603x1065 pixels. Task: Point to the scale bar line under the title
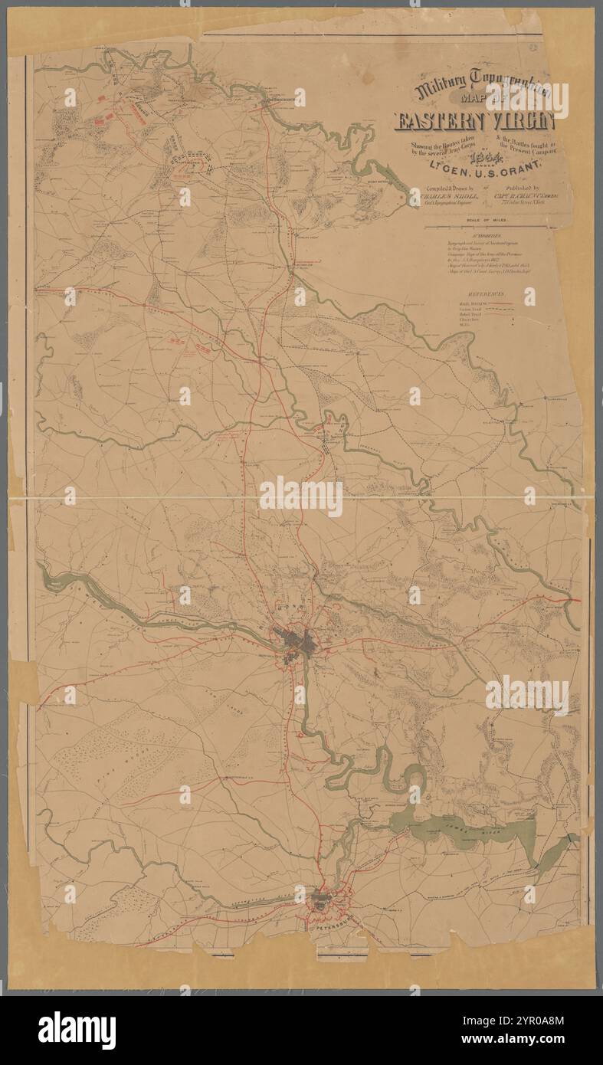pos(490,227)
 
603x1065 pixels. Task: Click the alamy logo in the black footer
pos(77,1030)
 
